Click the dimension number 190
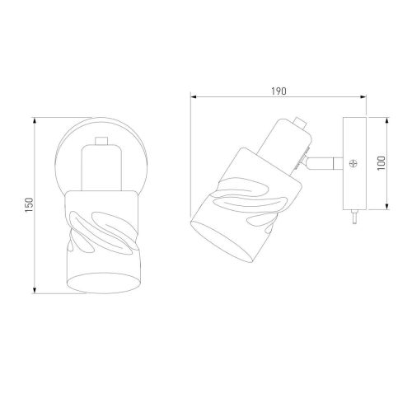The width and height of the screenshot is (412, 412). coord(279,91)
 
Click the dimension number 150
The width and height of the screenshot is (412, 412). coord(29,204)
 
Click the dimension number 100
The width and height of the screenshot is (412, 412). coord(382,162)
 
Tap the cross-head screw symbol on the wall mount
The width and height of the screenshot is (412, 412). coord(353,164)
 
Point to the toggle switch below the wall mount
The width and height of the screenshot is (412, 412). coord(354,217)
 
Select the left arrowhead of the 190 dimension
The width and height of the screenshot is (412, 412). coord(194,96)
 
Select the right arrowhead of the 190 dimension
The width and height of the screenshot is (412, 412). coord(363,96)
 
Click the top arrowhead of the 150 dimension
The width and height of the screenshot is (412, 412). coord(35,120)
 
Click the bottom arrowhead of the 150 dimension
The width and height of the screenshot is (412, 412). coord(35,290)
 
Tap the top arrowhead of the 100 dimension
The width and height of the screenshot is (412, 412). coord(387,120)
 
